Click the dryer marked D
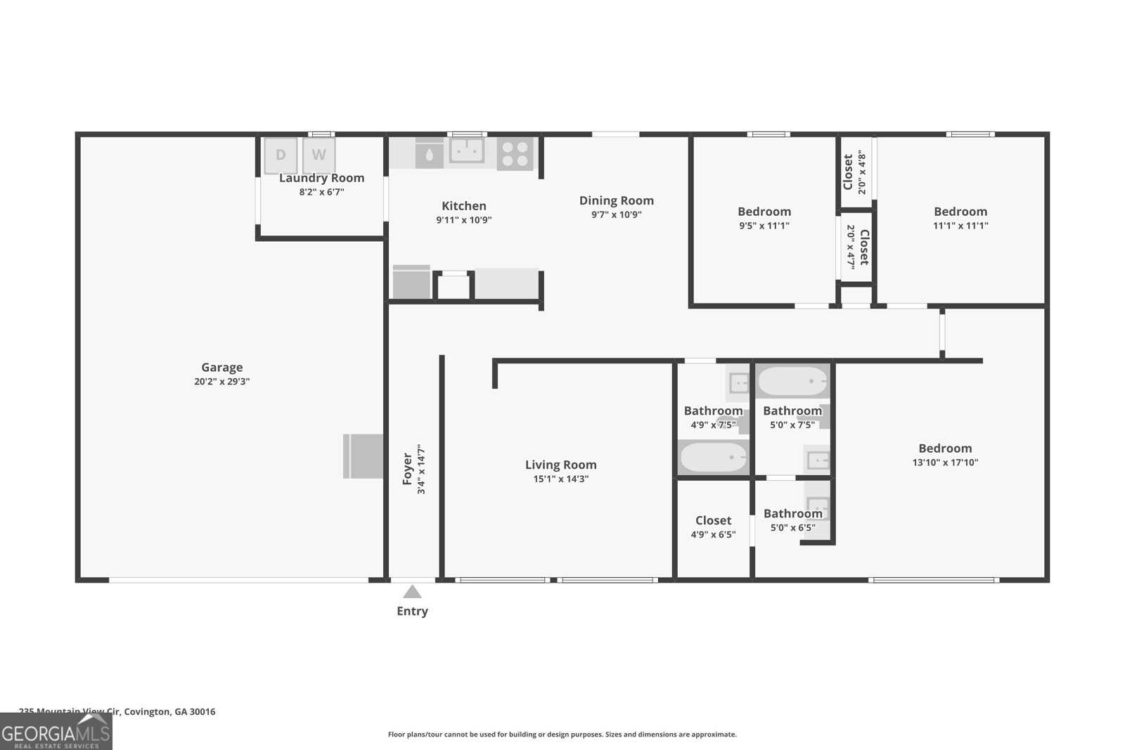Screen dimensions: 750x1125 pyautogui.click(x=281, y=155)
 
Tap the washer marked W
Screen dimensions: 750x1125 pyautogui.click(x=319, y=155)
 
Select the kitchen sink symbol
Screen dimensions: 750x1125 pyautogui.click(x=466, y=151)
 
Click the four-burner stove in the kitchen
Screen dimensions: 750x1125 pyautogui.click(x=515, y=154)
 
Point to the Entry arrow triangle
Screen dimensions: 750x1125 pyautogui.click(x=412, y=592)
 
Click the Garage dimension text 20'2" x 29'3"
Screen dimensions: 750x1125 pyautogui.click(x=222, y=382)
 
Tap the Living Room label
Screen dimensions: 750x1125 pyautogui.click(x=560, y=465)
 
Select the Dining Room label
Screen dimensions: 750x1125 pyautogui.click(x=616, y=200)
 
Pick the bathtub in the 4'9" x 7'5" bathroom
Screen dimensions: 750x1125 pyautogui.click(x=713, y=458)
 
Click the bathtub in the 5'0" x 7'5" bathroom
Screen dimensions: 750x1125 pyautogui.click(x=792, y=382)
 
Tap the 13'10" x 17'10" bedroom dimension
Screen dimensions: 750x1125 pyautogui.click(x=945, y=463)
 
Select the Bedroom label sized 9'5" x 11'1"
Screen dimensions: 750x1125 pyautogui.click(x=764, y=212)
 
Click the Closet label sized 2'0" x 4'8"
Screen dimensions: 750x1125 pyautogui.click(x=848, y=172)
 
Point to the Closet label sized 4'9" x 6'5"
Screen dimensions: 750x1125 pyautogui.click(x=713, y=520)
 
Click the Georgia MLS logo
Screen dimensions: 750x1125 pyautogui.click(x=56, y=732)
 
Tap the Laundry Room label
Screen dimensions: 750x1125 pyautogui.click(x=321, y=178)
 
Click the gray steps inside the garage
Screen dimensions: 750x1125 pyautogui.click(x=363, y=456)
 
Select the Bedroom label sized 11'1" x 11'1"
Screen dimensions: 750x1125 pyautogui.click(x=960, y=212)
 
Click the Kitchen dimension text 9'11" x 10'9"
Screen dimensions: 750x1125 pyautogui.click(x=463, y=220)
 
